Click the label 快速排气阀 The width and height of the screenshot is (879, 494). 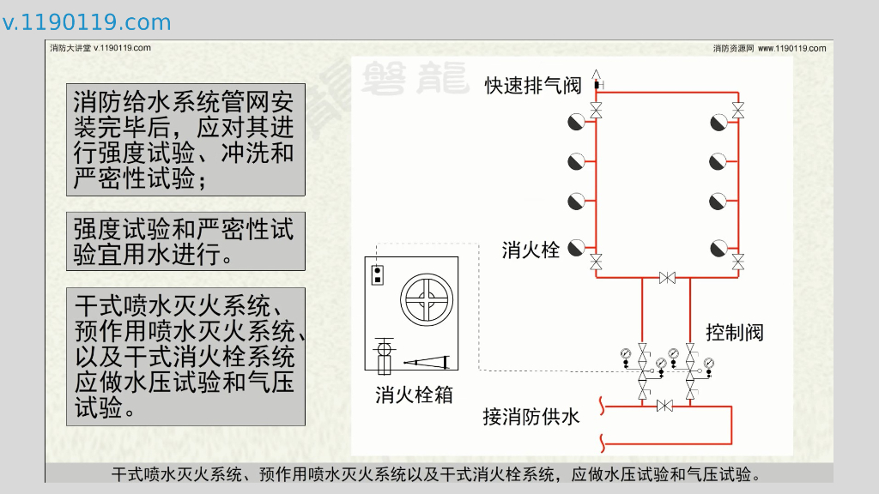click(532, 85)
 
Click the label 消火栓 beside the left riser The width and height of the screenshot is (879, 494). click(530, 250)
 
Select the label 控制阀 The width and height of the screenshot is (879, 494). click(734, 332)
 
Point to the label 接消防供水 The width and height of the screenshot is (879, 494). click(531, 417)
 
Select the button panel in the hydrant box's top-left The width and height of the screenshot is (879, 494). click(376, 274)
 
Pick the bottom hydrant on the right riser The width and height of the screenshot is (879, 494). click(718, 249)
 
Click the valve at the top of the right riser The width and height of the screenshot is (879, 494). click(738, 110)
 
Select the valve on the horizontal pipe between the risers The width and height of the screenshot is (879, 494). click(667, 278)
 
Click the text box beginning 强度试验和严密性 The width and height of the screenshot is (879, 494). click(185, 241)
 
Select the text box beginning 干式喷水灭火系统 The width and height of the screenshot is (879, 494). click(185, 357)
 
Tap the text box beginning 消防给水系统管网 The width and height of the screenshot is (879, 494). click(185, 140)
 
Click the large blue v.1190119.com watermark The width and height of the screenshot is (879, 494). click(87, 22)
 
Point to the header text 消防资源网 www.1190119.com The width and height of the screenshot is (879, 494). click(769, 48)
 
